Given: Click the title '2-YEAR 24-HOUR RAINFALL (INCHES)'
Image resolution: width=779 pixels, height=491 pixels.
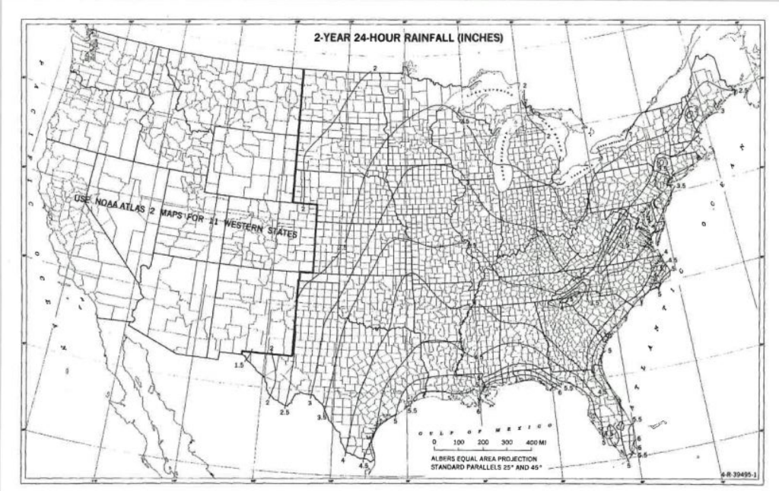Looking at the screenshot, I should [404, 37].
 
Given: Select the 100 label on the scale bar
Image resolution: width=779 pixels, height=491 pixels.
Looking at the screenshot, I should [459, 442].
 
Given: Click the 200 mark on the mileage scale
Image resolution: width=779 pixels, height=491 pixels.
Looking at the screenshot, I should [483, 442].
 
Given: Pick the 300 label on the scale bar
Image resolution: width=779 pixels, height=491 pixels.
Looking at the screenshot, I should [507, 442].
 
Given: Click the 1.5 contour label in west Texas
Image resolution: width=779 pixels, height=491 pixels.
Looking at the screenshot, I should [238, 365].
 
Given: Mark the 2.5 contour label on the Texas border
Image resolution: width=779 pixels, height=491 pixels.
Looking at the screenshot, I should [285, 412].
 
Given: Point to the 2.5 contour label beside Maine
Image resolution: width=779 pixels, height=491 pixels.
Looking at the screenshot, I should [742, 90].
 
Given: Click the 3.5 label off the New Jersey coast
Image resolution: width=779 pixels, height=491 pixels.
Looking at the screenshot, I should [681, 185].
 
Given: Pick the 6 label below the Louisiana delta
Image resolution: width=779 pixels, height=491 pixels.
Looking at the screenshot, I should [479, 411].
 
